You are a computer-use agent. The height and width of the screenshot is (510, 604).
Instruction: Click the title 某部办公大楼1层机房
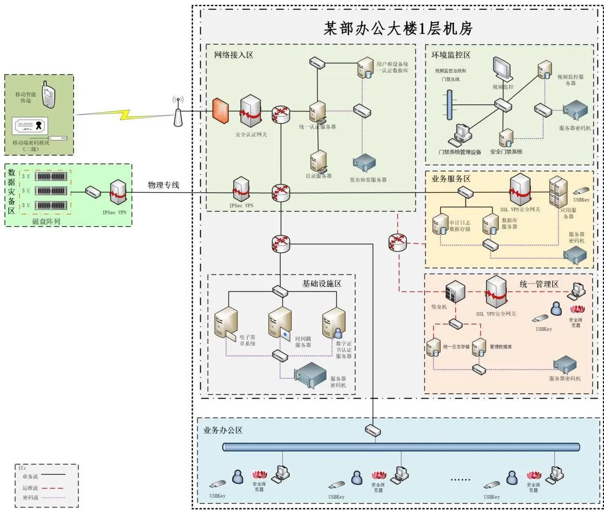(x=398, y=28)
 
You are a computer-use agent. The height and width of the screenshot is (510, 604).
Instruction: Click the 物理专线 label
(x=163, y=185)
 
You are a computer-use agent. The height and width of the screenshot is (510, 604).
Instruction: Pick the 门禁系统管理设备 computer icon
(x=461, y=135)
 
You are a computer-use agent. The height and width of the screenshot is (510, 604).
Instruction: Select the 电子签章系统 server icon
(x=226, y=323)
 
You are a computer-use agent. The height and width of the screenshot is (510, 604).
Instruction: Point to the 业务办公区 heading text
(x=223, y=430)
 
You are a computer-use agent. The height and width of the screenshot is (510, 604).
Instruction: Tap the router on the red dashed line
(x=397, y=241)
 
